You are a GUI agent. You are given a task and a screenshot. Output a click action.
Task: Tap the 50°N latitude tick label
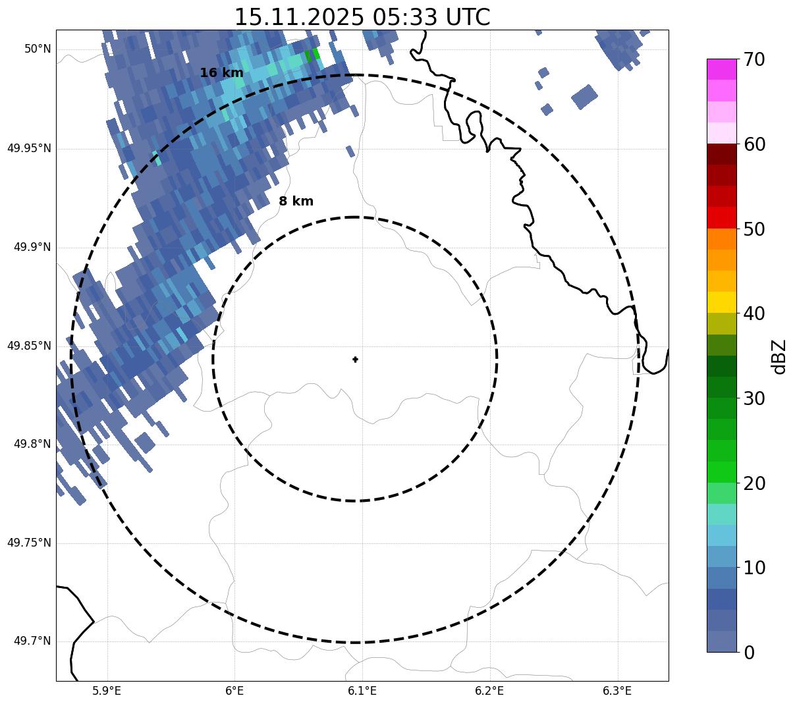point(38,49)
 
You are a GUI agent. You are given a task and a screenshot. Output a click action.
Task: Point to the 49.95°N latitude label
point(29,148)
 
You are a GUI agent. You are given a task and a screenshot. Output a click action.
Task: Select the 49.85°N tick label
point(29,346)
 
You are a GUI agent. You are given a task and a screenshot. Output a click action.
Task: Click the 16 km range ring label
point(221,73)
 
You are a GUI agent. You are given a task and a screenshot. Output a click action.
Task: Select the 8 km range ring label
point(296,202)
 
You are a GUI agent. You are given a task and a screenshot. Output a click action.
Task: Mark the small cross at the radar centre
point(356,360)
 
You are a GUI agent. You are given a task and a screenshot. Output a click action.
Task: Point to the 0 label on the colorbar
point(749,653)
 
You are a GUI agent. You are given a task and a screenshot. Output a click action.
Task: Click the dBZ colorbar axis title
point(779,356)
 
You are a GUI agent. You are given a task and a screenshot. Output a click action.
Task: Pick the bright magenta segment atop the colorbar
point(721,69)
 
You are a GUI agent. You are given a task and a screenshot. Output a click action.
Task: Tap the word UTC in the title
point(467,17)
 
